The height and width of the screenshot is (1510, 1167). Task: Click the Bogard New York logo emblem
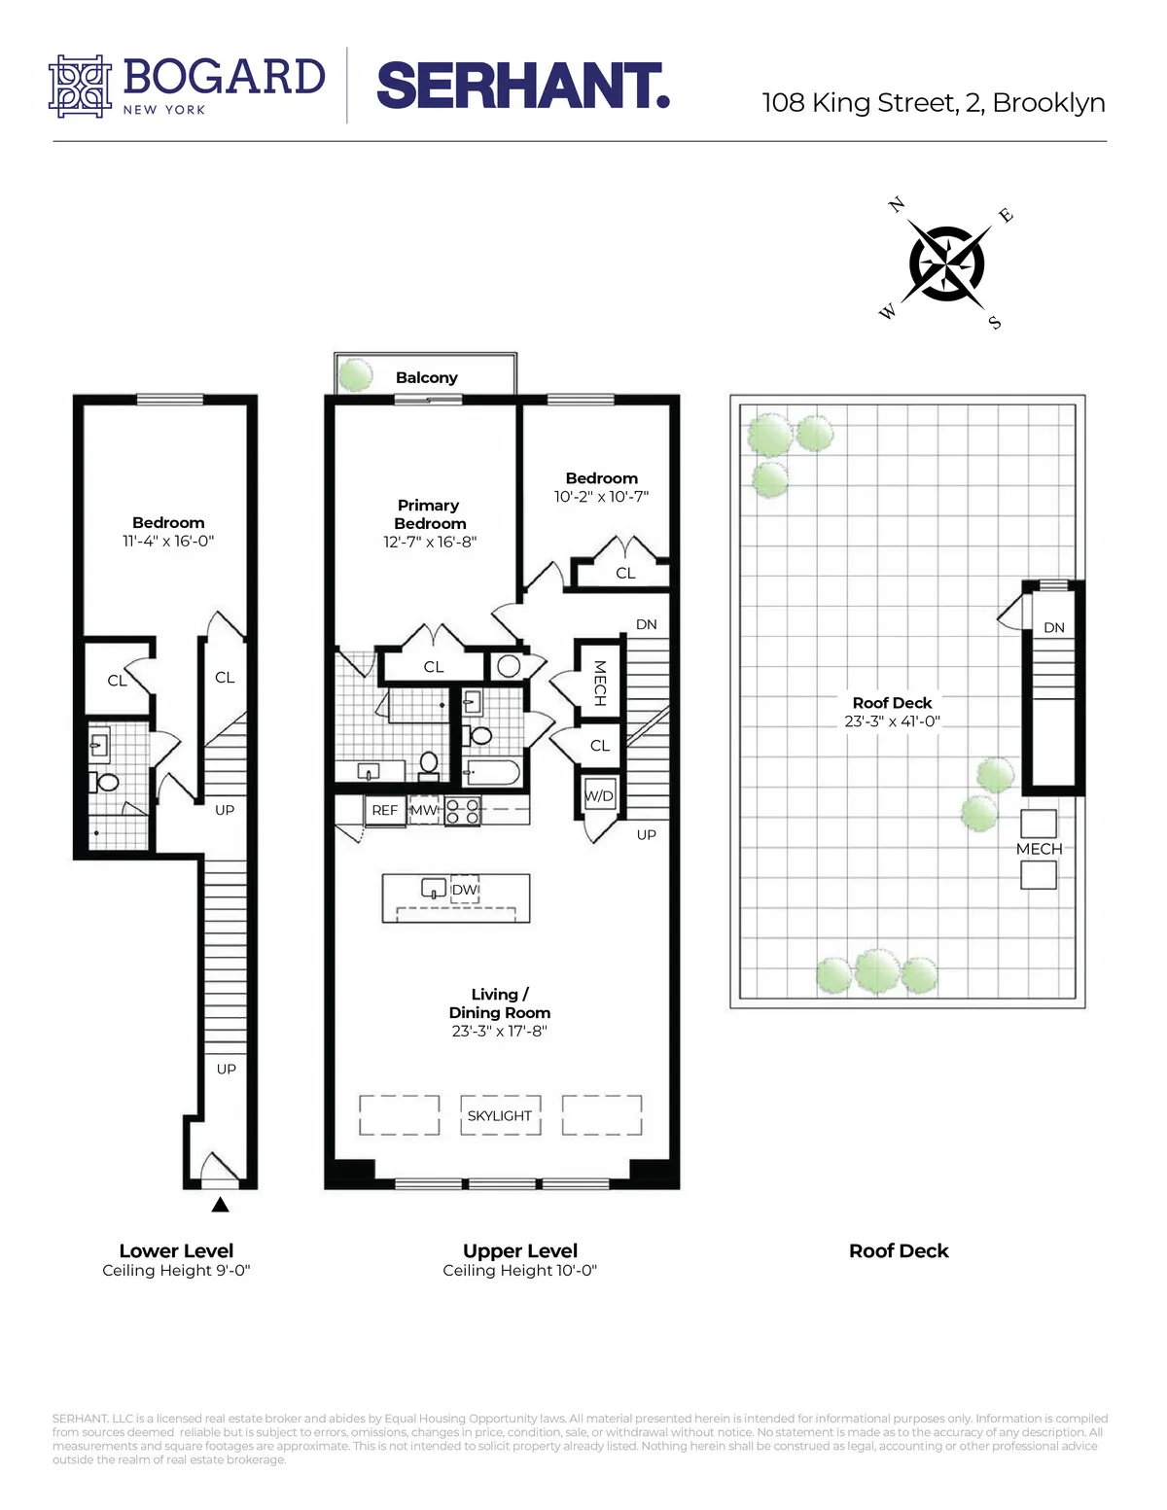(x=81, y=87)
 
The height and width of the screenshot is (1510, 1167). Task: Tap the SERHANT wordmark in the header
(x=522, y=87)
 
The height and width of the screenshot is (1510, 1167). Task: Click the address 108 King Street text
(x=933, y=103)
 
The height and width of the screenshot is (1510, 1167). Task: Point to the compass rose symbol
(x=946, y=263)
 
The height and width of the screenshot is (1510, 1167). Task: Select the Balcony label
(x=426, y=377)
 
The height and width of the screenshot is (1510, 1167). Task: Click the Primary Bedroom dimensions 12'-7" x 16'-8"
(x=429, y=542)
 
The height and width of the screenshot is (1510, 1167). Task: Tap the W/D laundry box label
(x=599, y=795)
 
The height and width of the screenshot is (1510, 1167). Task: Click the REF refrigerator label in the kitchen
(x=385, y=810)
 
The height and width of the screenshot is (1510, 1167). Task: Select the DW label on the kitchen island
(x=465, y=890)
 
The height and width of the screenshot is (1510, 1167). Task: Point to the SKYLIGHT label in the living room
(x=499, y=1115)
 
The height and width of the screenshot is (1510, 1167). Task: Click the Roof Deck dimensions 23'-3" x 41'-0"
(x=892, y=721)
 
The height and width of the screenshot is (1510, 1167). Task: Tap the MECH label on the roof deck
(x=1039, y=849)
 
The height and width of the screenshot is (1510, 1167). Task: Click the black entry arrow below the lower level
(x=221, y=1205)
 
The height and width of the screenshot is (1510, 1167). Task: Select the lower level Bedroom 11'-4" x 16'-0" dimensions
(x=168, y=541)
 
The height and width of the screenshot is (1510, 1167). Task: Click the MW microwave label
(x=424, y=810)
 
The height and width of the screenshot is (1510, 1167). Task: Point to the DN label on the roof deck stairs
(x=1054, y=627)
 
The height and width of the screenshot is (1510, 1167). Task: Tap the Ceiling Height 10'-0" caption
(x=519, y=1270)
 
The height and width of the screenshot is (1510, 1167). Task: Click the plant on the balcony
(x=356, y=374)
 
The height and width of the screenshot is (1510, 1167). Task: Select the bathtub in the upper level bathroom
(x=493, y=773)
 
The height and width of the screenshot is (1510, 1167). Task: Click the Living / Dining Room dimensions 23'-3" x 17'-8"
(x=499, y=1031)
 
